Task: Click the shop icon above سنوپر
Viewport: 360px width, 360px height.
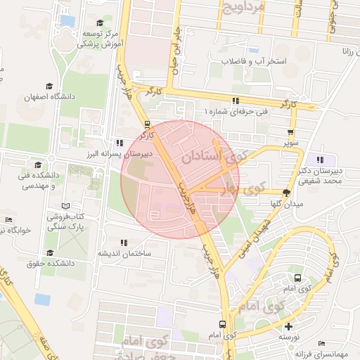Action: coord(290,131)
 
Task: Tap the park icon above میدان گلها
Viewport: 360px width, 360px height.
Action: coord(286,192)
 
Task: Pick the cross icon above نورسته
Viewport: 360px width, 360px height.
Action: coord(288,326)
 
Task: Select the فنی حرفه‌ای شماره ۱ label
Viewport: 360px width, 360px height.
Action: coord(236,112)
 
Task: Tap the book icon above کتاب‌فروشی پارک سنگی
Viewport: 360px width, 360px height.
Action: coord(65,205)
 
